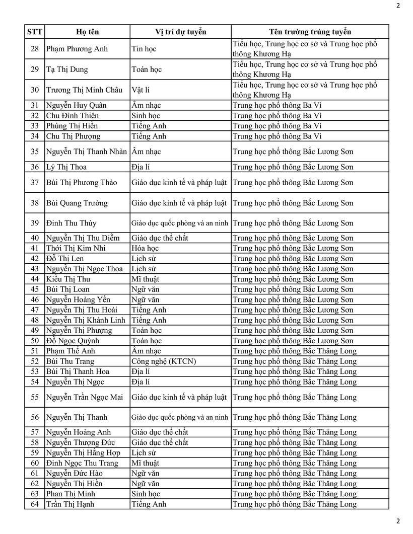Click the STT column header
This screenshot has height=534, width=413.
(x=34, y=32)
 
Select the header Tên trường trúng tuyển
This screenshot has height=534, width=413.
(x=310, y=32)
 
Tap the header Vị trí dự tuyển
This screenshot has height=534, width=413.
(x=180, y=32)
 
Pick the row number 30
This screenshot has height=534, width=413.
(x=34, y=90)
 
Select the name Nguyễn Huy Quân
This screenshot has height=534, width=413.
(x=76, y=105)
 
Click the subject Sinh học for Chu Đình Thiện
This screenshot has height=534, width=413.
(x=146, y=116)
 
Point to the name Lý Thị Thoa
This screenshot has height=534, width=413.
(x=66, y=167)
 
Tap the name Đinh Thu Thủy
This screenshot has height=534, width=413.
(x=71, y=223)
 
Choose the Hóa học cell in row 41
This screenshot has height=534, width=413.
(x=145, y=248)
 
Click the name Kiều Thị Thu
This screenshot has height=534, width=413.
(x=68, y=279)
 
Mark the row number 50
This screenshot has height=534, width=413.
(x=34, y=341)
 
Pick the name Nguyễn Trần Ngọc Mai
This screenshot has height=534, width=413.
(x=84, y=397)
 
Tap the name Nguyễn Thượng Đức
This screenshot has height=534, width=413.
(x=80, y=442)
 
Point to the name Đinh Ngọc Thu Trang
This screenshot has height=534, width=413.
(x=82, y=463)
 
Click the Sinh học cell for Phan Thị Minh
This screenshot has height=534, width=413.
(x=146, y=494)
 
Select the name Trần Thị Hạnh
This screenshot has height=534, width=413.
(x=70, y=504)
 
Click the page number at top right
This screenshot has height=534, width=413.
(x=398, y=6)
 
